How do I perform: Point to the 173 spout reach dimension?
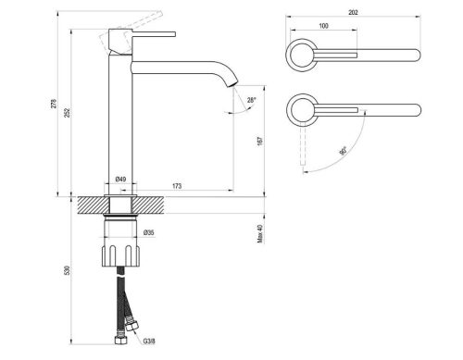click(176, 186)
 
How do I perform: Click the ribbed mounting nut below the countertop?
click(121, 254)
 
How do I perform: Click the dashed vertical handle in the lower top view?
click(302, 148)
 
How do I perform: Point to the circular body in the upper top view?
click(301, 55)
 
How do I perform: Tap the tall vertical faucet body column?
click(121, 120)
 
